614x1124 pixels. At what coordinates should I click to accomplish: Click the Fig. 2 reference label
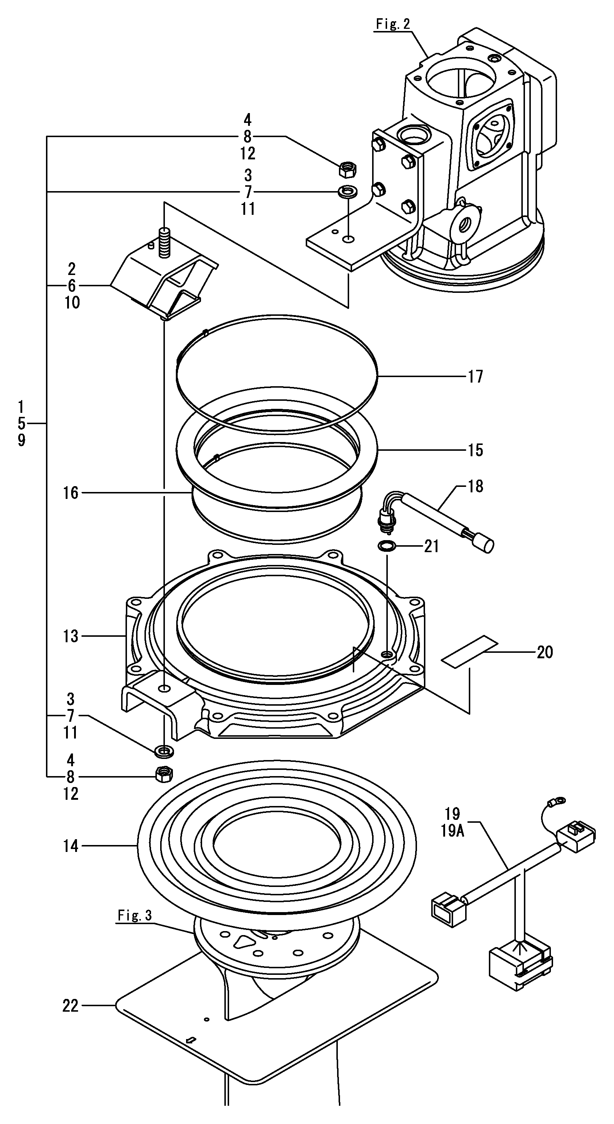[x=393, y=24]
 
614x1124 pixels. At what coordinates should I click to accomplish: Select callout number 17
[x=475, y=376]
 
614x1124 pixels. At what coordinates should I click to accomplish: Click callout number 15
[x=475, y=450]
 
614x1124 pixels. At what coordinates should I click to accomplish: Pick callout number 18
[x=475, y=486]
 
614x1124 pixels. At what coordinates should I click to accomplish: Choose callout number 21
[x=431, y=546]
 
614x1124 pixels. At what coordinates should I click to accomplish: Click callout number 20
[x=544, y=652]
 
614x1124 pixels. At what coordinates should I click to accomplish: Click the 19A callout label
[x=452, y=831]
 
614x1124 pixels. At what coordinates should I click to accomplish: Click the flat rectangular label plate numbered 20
[x=470, y=651]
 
